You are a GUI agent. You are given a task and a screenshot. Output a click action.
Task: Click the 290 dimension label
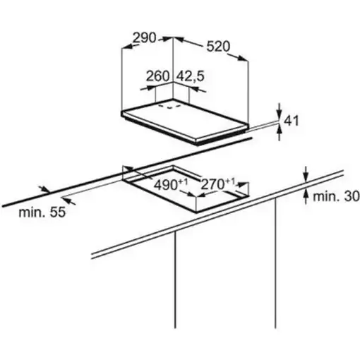coord(145,37)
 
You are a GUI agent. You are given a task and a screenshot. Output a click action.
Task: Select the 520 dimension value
coord(218,46)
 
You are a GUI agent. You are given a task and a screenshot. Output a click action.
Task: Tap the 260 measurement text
coord(158,76)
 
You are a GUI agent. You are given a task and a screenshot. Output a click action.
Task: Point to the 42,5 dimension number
coord(191,76)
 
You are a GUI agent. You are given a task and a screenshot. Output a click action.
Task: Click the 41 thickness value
coord(292,121)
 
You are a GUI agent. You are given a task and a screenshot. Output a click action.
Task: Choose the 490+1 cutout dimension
coord(171,184)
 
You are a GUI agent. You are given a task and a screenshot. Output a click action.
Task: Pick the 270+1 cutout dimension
coord(218,184)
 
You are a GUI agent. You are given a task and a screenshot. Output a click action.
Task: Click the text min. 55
coord(42,212)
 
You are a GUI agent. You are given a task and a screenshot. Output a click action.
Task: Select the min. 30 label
coord(336,196)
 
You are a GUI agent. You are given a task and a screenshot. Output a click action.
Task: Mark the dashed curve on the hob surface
coord(169,107)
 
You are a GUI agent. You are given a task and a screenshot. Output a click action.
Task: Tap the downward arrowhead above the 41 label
coord(280,116)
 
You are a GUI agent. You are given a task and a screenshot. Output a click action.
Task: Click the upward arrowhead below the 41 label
coord(280,129)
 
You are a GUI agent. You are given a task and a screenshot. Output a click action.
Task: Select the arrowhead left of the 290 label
coord(128,47)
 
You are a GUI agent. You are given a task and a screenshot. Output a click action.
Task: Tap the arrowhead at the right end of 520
coord(243,59)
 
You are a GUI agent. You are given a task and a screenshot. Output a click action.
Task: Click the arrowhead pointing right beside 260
coord(150,88)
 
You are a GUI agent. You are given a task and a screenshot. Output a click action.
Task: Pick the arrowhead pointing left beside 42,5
coord(193,89)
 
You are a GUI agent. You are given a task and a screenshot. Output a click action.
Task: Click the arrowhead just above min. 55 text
coord(67,200)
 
